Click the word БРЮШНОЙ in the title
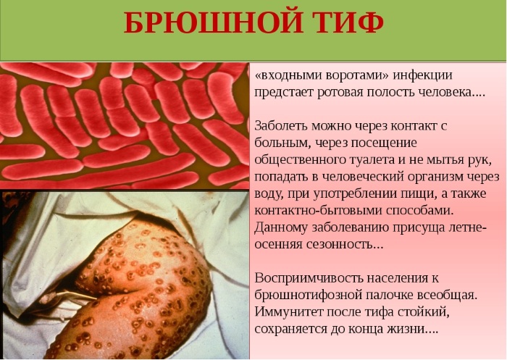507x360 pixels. pos(214,23)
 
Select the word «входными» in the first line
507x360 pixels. pos(289,75)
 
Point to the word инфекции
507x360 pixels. pos(422,76)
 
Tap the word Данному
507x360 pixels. pos(281,227)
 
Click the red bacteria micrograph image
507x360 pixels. pos(125,125)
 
